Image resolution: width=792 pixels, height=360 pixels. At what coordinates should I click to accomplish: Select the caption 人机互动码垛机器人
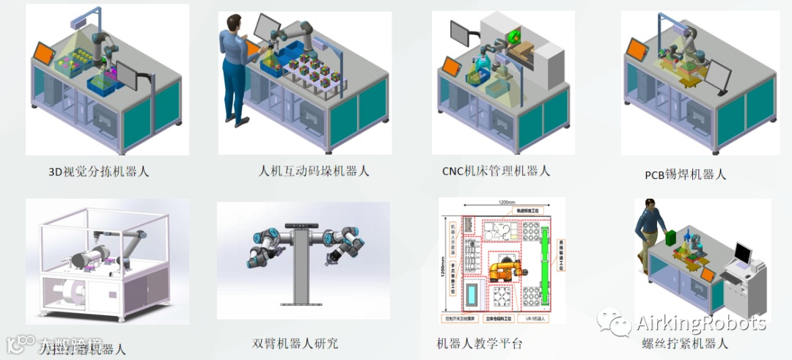click(315, 171)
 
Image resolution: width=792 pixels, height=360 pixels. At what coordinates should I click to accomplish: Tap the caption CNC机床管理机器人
click(496, 171)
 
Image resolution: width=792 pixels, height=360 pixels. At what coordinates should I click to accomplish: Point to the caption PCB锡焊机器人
click(686, 174)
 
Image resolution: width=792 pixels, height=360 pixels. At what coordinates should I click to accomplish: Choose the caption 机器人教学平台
click(480, 342)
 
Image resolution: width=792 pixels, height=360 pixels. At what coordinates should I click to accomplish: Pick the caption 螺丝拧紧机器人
click(683, 342)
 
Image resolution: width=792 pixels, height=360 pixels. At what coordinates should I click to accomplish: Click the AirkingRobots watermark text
click(701, 323)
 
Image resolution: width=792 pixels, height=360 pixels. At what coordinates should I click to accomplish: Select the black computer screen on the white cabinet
click(743, 254)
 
